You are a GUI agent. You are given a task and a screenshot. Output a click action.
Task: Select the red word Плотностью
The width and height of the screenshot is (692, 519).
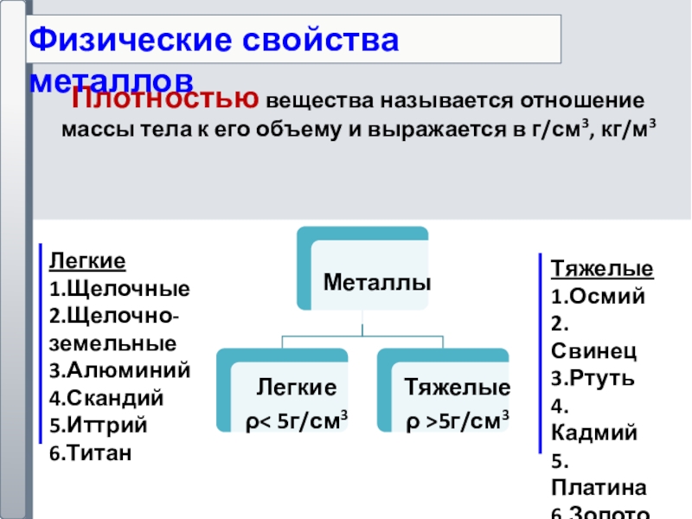164,100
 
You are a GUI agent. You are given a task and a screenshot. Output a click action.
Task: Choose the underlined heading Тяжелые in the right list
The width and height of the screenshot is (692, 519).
602,268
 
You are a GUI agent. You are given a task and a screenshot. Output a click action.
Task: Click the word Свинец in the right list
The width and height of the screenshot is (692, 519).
593,351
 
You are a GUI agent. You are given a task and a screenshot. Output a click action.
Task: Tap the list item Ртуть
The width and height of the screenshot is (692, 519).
599,379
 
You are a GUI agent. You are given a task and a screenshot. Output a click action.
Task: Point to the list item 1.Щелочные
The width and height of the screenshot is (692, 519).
119,287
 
